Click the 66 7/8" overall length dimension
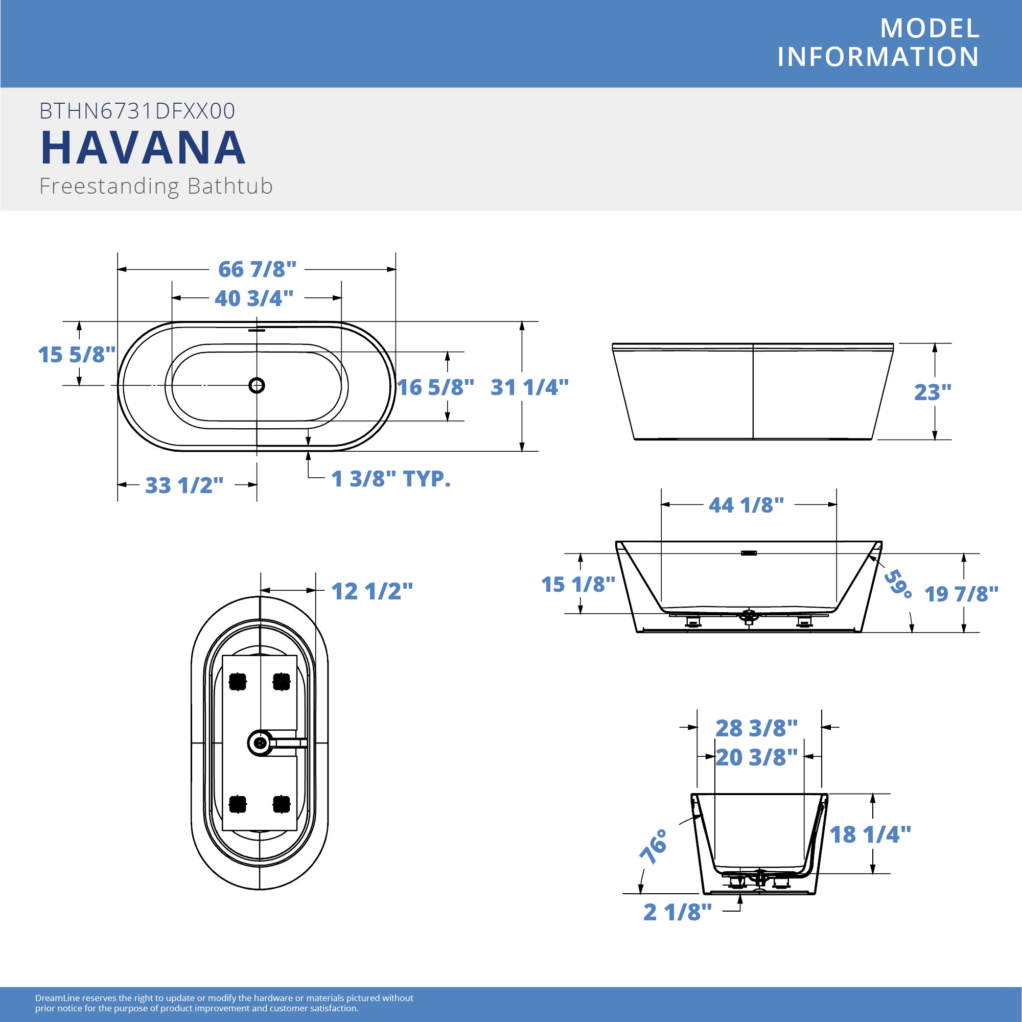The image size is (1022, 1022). (257, 269)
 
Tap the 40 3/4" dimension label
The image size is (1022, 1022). (254, 298)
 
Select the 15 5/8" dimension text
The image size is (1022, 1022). (77, 355)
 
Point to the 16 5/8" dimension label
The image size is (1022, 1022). (435, 387)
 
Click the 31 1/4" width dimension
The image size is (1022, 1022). (529, 387)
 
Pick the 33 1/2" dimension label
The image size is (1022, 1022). (184, 485)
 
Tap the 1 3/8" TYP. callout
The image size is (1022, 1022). (391, 479)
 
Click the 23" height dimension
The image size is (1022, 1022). (933, 392)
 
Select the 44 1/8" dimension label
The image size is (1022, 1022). (747, 505)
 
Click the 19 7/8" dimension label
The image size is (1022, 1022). (961, 594)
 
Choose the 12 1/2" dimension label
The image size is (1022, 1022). (372, 591)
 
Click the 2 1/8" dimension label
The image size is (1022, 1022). (678, 912)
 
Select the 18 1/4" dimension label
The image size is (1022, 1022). (870, 835)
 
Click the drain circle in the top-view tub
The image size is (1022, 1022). (257, 385)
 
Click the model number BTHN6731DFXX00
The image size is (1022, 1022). (137, 111)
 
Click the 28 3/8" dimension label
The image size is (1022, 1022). (756, 728)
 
